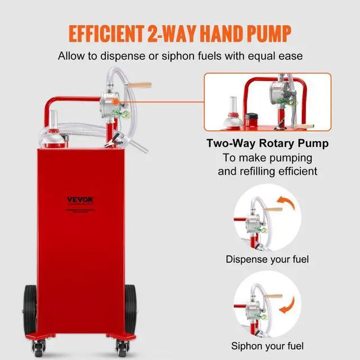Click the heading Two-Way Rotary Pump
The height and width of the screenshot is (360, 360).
(267, 143)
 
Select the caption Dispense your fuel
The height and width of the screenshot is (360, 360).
(267, 260)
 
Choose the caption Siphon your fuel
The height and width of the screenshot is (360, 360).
(267, 345)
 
